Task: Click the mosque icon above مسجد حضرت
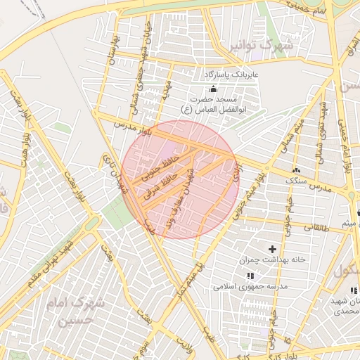pyautogui.click(x=214, y=89)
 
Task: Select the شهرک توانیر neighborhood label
pyautogui.click(x=259, y=46)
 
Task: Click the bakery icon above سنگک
pyautogui.click(x=295, y=170)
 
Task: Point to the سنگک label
pyautogui.click(x=295, y=181)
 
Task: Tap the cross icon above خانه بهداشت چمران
pyautogui.click(x=273, y=249)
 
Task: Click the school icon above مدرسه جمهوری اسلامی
pyautogui.click(x=251, y=275)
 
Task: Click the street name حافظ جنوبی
pyautogui.click(x=156, y=162)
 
